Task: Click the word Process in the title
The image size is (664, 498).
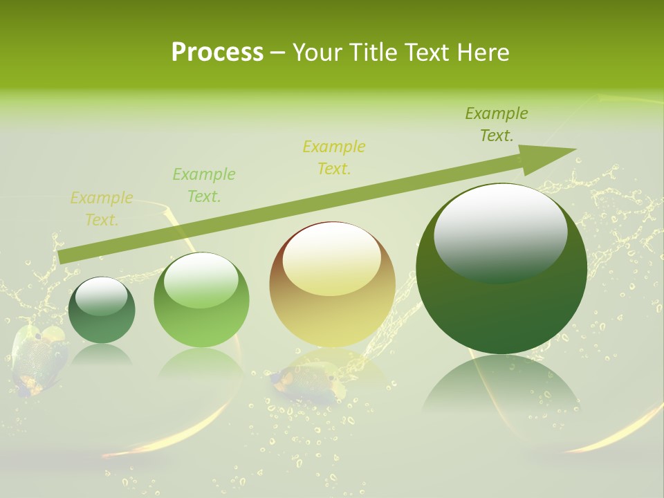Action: [x=217, y=53]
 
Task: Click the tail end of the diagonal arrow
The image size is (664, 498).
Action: [x=62, y=256]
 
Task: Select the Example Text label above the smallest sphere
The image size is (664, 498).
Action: [x=102, y=209]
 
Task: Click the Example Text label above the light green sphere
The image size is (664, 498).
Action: [x=204, y=185]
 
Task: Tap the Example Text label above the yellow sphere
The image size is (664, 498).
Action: [x=334, y=157]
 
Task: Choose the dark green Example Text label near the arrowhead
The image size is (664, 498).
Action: [x=497, y=124]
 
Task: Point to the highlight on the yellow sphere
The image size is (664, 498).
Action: [x=331, y=258]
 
